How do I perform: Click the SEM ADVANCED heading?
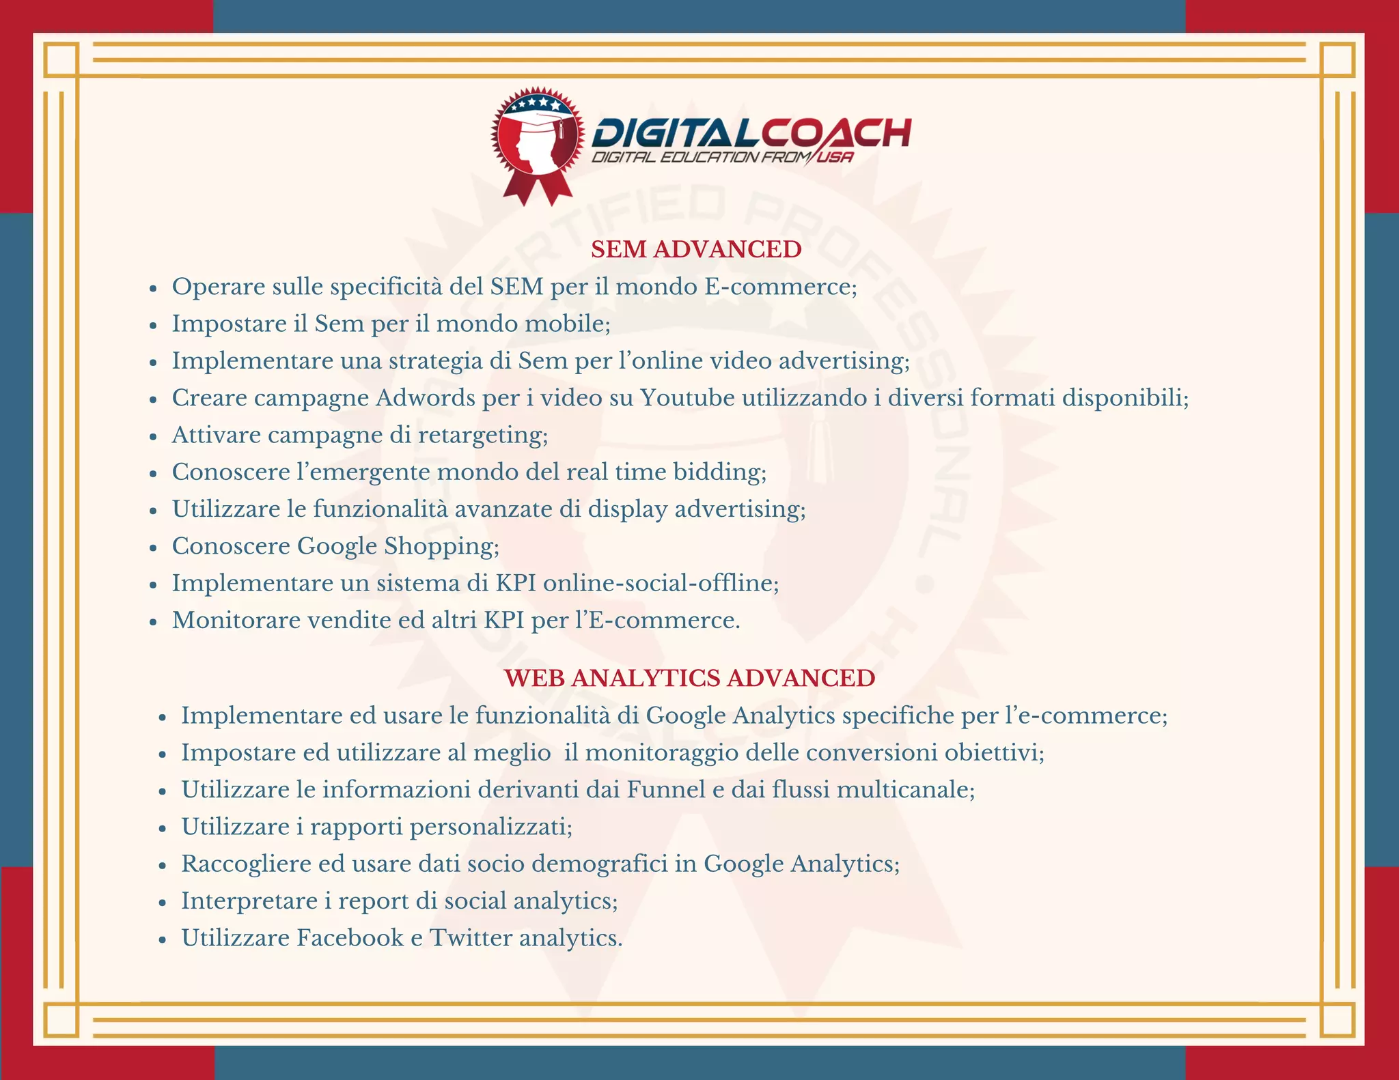point(695,249)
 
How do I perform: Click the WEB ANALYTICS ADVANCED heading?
point(689,678)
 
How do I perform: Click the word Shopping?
point(441,546)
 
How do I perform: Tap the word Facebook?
point(350,937)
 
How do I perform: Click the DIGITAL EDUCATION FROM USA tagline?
point(721,158)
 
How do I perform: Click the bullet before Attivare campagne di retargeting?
point(154,436)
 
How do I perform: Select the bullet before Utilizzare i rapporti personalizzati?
point(163,828)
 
